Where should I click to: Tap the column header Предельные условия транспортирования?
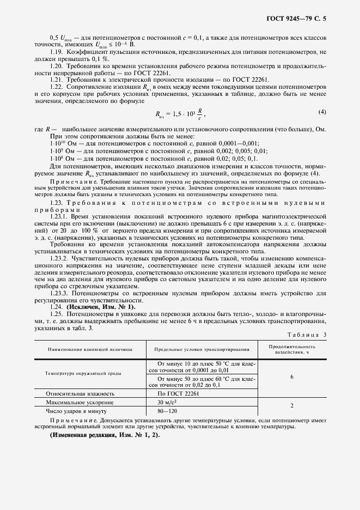pyautogui.click(x=202, y=349)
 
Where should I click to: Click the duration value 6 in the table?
pyautogui.click(x=292, y=377)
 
